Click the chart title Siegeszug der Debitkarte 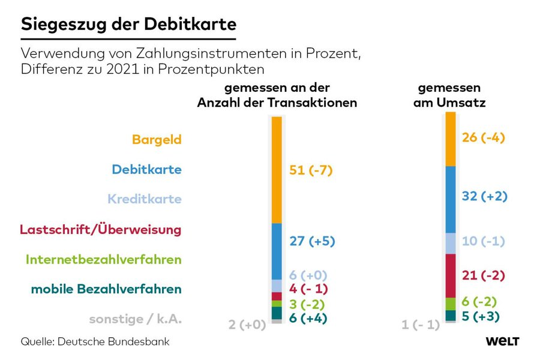(128, 25)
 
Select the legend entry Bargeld (157, 140)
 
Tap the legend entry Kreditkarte (145, 199)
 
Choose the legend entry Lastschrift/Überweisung (100, 229)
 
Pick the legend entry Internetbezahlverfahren (103, 260)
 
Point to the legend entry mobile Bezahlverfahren (106, 289)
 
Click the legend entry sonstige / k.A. (135, 319)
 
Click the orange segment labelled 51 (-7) (277, 170)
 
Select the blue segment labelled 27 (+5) (277, 251)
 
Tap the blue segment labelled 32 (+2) (451, 199)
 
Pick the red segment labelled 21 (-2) (451, 275)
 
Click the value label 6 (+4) (308, 319)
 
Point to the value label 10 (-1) (484, 241)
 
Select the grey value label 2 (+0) (247, 325)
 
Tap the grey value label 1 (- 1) (420, 325)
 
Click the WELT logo (502, 341)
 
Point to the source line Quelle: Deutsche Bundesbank (95, 341)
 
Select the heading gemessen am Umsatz (449, 95)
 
